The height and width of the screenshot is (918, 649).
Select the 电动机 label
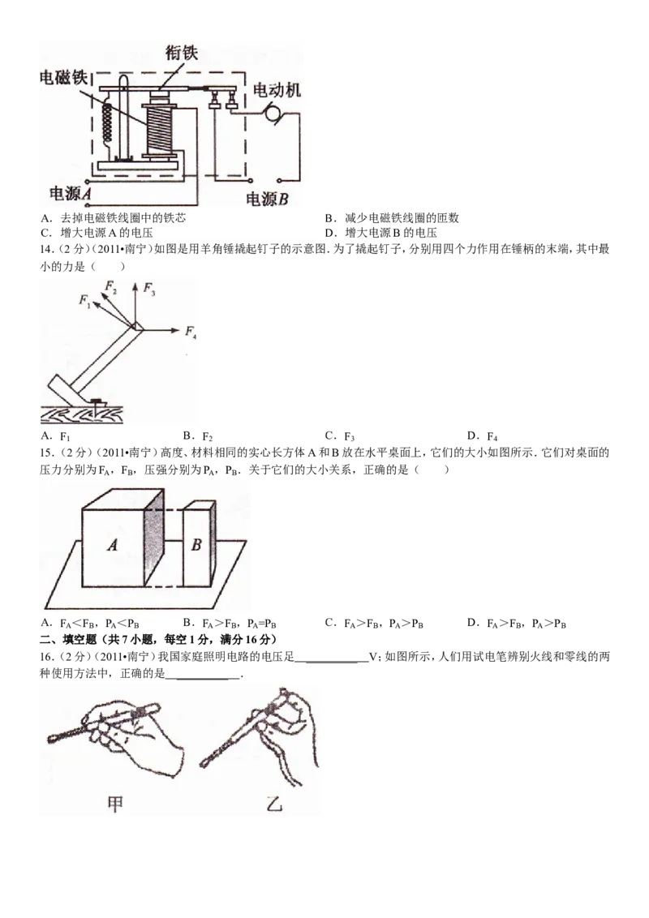pos(277,89)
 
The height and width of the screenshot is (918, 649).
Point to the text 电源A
pos(71,194)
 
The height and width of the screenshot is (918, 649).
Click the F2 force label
pos(111,287)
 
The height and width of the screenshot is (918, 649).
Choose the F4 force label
pos(191,331)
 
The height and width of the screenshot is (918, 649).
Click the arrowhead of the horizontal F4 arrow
pos(177,331)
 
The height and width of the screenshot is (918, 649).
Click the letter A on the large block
pos(113,546)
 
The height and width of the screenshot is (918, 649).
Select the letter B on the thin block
pos(196,545)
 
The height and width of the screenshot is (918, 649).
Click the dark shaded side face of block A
pos(153,537)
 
